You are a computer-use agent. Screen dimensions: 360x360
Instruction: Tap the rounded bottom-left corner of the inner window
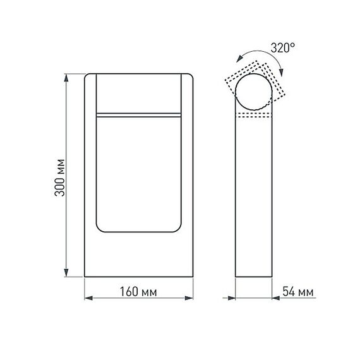click(x=100, y=228)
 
